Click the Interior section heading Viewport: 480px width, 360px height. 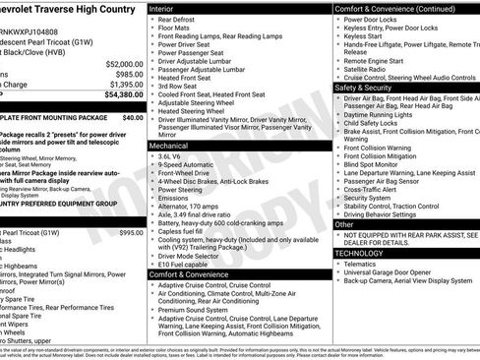point(167,8)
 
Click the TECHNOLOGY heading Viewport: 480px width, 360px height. point(362,253)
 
